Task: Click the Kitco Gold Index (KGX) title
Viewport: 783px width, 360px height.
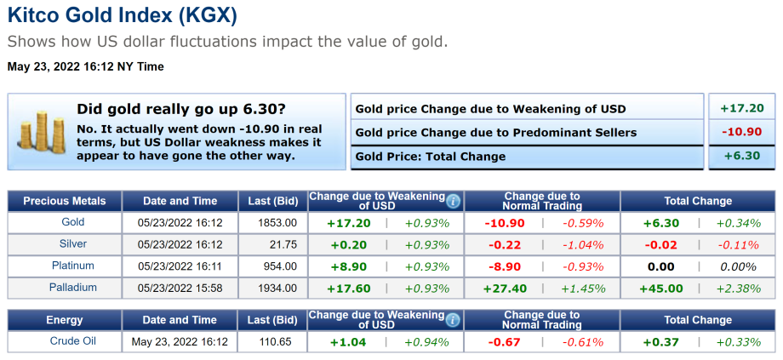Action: coord(123,15)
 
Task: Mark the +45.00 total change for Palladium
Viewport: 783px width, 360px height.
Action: coord(661,289)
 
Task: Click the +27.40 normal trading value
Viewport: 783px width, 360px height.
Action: coord(505,289)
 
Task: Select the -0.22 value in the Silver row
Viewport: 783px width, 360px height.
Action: coord(505,244)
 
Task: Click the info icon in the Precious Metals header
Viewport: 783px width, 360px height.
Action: coord(454,201)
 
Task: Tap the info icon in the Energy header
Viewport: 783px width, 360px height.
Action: coord(454,320)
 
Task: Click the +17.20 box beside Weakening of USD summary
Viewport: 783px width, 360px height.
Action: coord(741,108)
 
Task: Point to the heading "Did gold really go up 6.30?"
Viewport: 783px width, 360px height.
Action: coord(181,109)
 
